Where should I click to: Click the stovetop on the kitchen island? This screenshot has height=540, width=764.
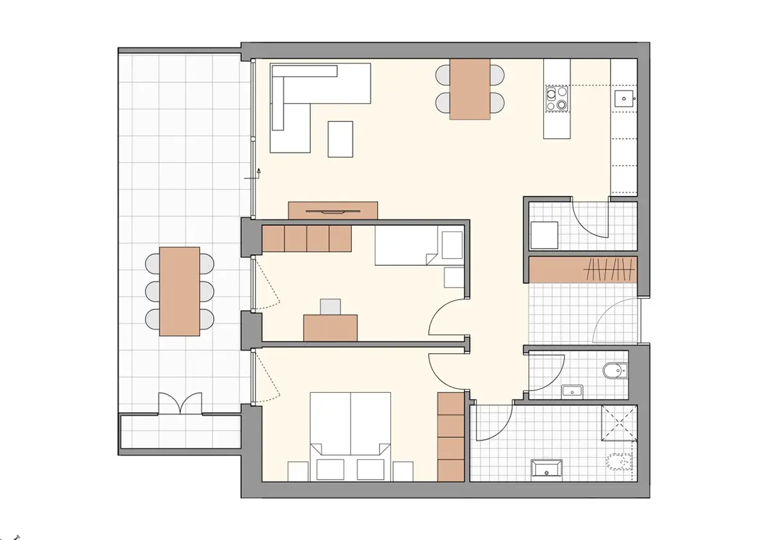click(x=557, y=100)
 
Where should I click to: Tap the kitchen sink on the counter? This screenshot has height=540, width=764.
click(x=623, y=99)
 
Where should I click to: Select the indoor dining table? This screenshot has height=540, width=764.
click(x=469, y=89)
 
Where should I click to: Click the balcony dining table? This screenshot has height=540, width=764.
click(x=180, y=292)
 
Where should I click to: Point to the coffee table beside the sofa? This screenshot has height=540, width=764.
click(x=340, y=139)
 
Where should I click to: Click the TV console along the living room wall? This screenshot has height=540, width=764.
click(x=333, y=211)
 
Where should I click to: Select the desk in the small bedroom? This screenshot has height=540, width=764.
click(x=330, y=327)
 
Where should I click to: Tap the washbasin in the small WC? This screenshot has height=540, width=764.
click(x=571, y=390)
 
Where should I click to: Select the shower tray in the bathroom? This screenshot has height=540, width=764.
click(x=619, y=423)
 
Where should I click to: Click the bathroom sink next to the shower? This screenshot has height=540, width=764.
click(x=546, y=469)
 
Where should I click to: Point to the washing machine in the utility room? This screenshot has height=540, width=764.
click(x=544, y=234)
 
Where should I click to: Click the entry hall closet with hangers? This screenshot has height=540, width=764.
click(x=583, y=270)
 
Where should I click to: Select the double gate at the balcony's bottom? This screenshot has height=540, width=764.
click(x=180, y=404)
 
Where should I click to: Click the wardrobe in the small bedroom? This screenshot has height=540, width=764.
click(x=307, y=238)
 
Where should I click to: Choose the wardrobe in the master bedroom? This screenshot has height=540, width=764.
click(x=450, y=437)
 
